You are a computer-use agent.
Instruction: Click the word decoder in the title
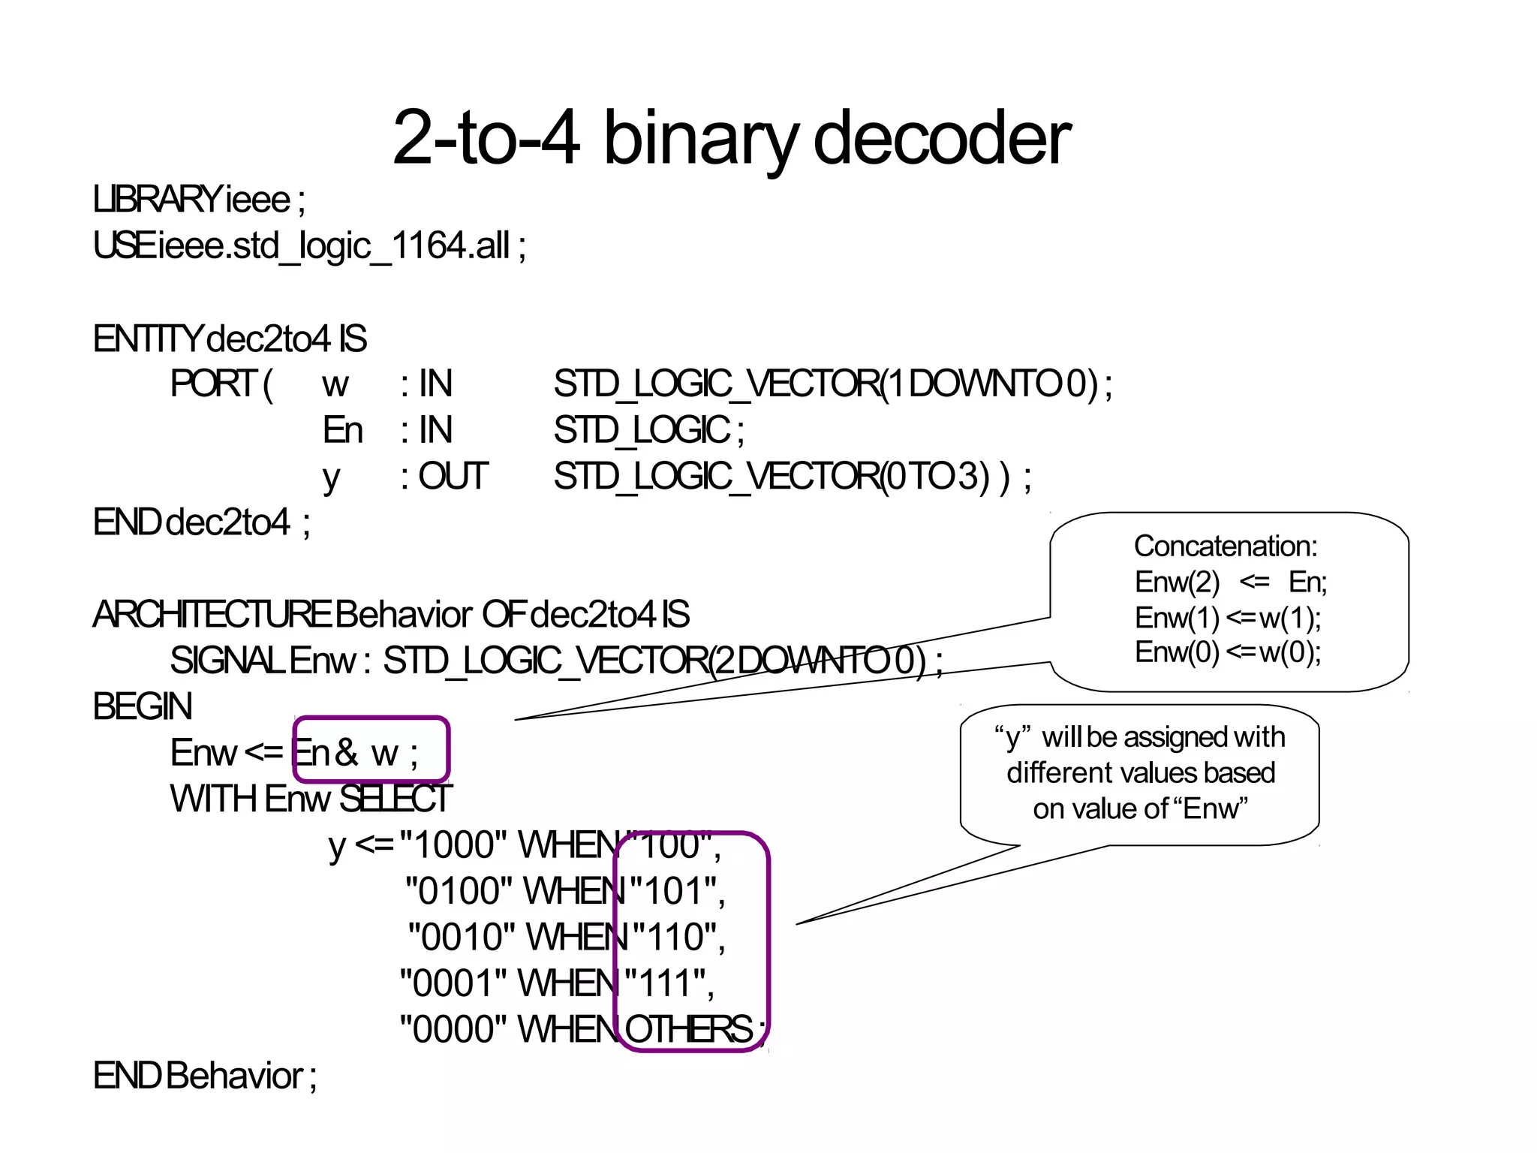942,138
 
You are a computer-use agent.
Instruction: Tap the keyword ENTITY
147,339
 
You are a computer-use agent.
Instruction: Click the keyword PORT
213,384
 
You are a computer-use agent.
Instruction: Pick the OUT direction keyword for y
453,477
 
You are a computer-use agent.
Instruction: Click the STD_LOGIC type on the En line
642,431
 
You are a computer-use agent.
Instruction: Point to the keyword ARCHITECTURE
212,615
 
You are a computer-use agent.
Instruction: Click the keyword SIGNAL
227,661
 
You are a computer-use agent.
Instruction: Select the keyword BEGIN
143,707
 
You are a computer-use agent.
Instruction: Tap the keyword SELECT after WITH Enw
396,799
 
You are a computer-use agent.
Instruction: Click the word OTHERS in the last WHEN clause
688,1029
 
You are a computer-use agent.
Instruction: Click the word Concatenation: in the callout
1225,546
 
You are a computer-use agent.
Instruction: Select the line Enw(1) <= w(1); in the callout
1228,618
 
